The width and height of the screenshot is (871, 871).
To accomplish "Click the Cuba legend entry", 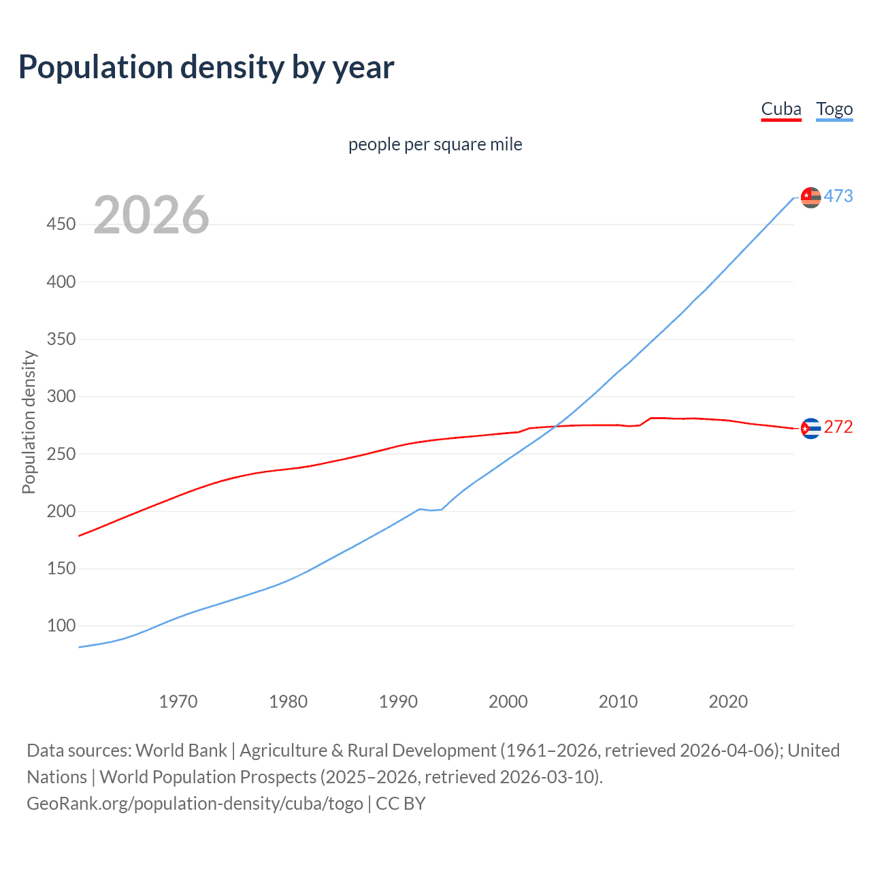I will tap(780, 109).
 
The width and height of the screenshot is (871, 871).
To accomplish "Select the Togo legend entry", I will tap(834, 109).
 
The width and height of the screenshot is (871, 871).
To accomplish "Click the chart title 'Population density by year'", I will tap(206, 67).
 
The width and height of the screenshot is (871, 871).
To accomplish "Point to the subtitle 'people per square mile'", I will tap(435, 144).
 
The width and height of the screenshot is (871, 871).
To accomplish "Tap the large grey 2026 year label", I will tap(151, 215).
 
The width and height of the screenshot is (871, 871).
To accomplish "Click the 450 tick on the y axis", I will tap(61, 224).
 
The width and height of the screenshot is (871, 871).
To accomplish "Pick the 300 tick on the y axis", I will tap(61, 396).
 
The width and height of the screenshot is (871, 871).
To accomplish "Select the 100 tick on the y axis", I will tap(61, 625).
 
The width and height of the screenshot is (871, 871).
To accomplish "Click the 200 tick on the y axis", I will tap(61, 511).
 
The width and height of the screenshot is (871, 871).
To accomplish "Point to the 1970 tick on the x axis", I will tap(178, 702).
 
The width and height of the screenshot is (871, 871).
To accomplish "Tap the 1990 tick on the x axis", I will tap(398, 702).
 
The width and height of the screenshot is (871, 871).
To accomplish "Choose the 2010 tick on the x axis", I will tap(618, 702).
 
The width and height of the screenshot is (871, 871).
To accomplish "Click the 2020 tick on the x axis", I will tap(728, 702).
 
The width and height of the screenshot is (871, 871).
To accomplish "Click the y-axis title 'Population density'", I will tap(29, 422).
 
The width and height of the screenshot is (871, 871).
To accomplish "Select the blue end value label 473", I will tap(838, 197).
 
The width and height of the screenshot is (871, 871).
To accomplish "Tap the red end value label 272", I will tap(838, 427).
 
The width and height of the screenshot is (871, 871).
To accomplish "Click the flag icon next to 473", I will tap(810, 197).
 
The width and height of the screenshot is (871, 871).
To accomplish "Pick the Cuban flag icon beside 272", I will tap(810, 428).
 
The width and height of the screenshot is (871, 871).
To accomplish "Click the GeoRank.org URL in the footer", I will tap(195, 804).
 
